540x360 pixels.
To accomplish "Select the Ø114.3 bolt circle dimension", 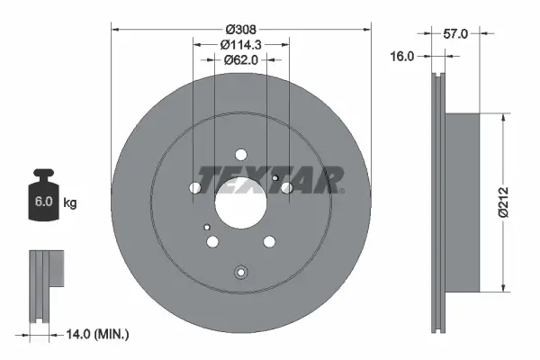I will tap(239, 45).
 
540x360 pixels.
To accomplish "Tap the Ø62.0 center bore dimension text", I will tap(239, 60).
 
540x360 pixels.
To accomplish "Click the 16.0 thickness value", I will tap(402, 56).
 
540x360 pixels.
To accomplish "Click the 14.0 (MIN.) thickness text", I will tap(98, 335).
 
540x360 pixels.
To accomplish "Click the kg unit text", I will tap(70, 203).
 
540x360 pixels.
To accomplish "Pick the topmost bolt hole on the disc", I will tap(239, 154).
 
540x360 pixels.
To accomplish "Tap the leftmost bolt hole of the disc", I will tap(195, 188).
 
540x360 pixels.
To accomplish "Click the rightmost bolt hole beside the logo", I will tap(286, 187).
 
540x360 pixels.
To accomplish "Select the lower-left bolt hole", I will tap(212, 241).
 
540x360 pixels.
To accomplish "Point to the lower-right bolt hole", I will tap(267, 241).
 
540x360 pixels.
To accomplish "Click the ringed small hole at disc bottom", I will tap(239, 274).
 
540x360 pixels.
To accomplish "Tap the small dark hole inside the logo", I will tap(274, 178).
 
